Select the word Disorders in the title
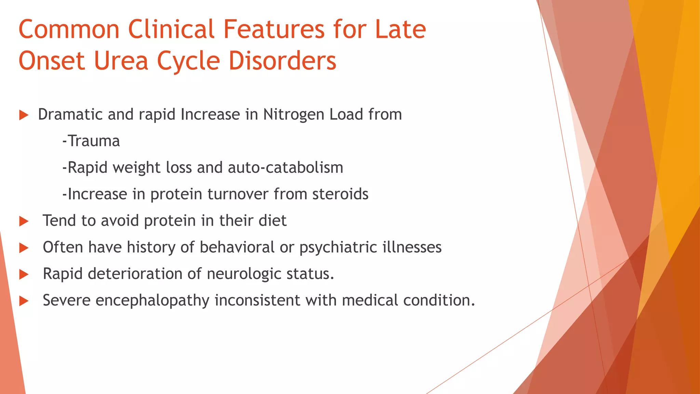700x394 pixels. click(282, 61)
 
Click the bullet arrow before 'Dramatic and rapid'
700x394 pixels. click(24, 115)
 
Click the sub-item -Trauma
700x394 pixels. click(91, 141)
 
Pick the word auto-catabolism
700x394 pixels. click(285, 168)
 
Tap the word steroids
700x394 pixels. click(340, 194)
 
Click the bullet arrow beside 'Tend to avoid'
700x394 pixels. click(24, 221)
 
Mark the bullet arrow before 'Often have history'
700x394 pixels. click(24, 248)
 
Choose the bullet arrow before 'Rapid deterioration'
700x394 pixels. click(24, 274)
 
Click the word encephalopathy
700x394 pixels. click(152, 301)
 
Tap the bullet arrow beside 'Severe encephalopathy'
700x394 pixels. click(24, 301)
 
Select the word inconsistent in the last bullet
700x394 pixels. click(257, 300)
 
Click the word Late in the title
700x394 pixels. click(400, 29)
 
